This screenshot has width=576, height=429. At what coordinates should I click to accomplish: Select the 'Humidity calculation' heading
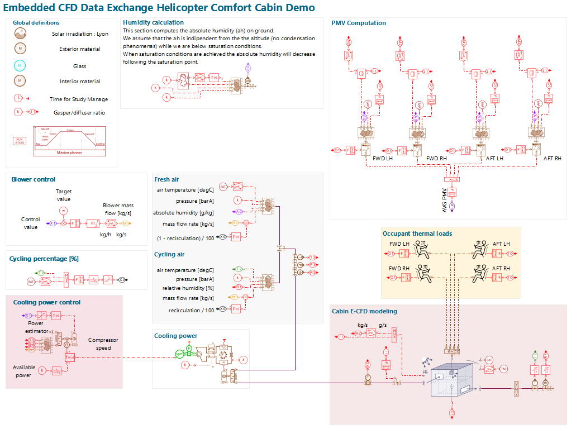[153, 22]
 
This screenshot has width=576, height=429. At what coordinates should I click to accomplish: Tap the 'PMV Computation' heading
[359, 23]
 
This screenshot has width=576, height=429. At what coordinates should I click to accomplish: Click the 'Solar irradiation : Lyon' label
[80, 34]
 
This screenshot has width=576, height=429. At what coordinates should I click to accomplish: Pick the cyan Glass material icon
[20, 66]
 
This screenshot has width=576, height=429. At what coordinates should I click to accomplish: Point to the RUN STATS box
[20, 141]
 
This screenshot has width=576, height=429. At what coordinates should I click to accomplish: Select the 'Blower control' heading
[34, 179]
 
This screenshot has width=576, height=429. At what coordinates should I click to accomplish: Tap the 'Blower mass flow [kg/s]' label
[117, 209]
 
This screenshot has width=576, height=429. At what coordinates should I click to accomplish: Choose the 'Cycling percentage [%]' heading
[43, 259]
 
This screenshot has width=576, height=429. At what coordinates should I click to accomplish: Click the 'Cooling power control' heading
[47, 302]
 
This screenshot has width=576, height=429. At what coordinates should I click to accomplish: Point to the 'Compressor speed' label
[103, 344]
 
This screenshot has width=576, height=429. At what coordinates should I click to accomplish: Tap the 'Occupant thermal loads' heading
[417, 233]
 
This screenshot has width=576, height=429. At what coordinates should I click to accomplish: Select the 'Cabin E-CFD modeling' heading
[364, 311]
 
